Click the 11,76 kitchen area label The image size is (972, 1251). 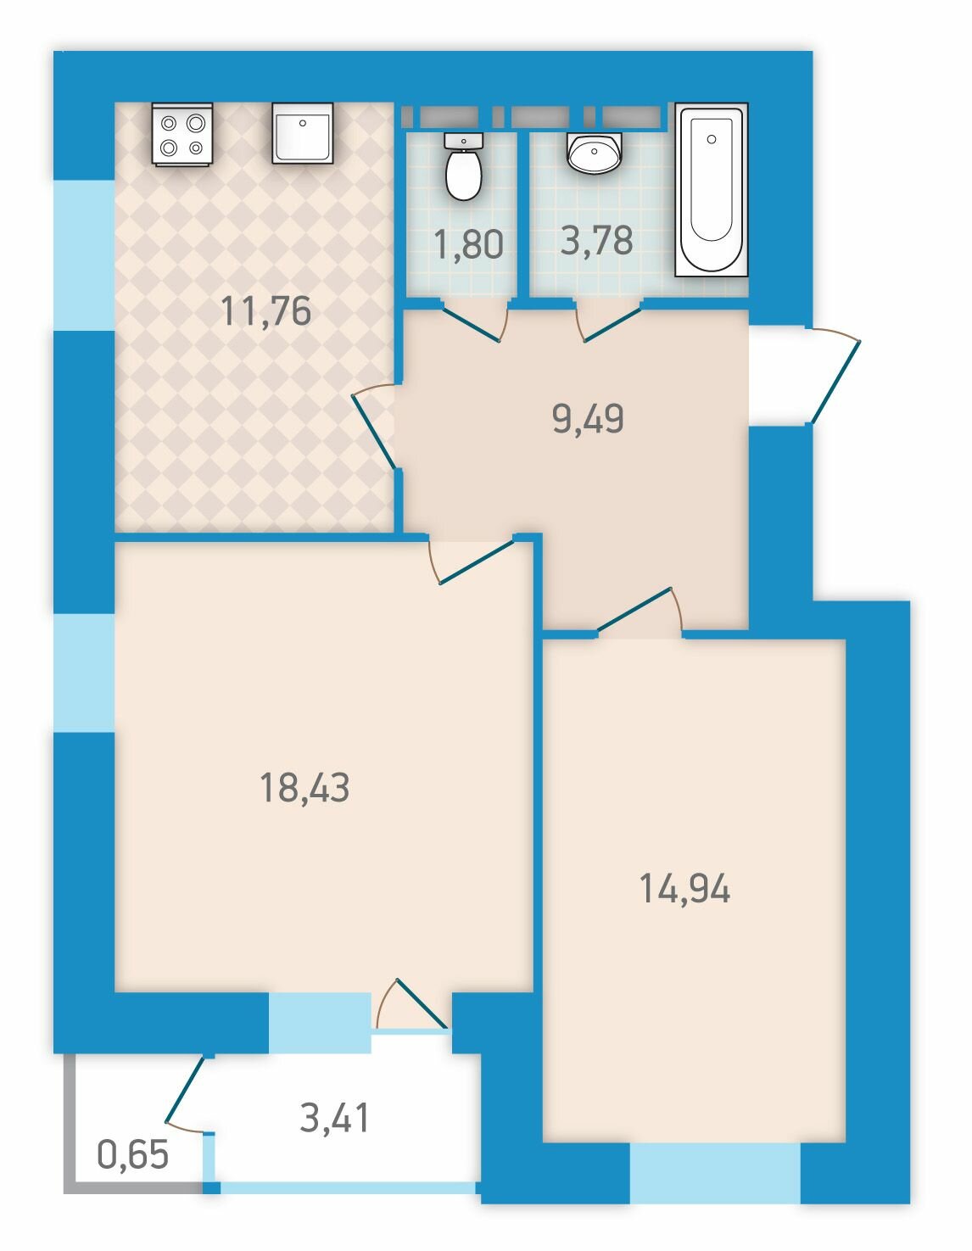point(265,311)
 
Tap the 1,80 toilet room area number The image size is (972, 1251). point(469,244)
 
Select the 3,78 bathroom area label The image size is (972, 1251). point(597,240)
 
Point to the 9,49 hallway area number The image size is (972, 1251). point(588,418)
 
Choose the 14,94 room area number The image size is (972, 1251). point(684,888)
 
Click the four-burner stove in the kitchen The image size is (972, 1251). point(182,134)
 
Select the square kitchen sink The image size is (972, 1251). point(302,134)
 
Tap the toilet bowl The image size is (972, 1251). point(463,166)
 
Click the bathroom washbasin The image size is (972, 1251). point(595,152)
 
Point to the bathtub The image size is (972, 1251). point(712,189)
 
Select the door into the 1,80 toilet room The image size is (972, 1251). point(470,324)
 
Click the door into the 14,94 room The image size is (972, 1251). point(634,609)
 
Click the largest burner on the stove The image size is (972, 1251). point(196,123)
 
